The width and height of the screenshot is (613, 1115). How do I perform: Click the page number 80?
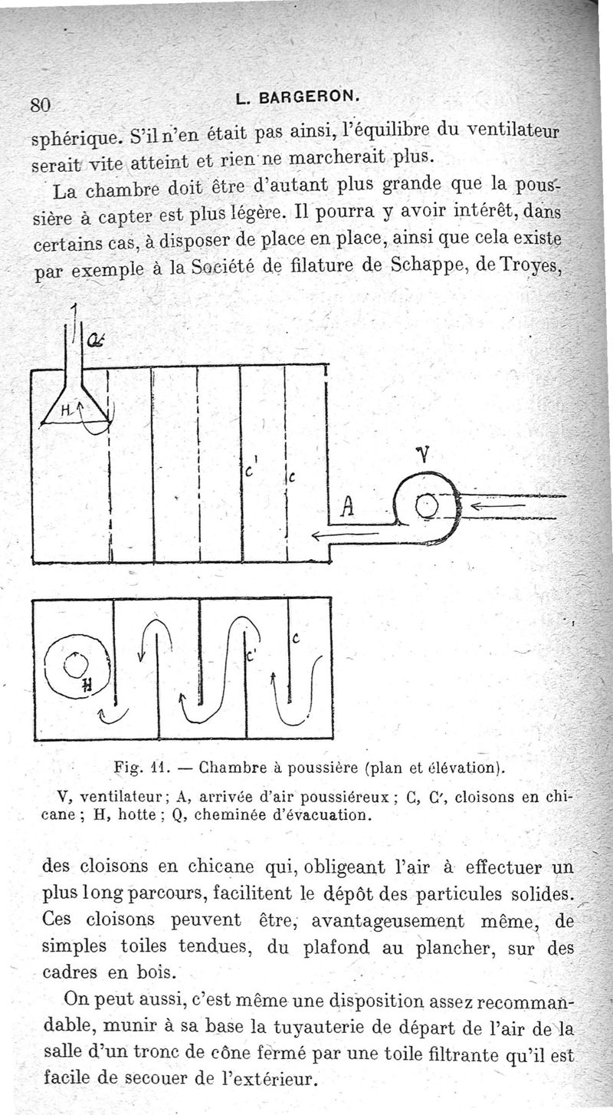39,104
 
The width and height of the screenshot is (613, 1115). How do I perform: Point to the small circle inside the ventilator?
426,506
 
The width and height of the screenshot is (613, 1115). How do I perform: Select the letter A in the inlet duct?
347,506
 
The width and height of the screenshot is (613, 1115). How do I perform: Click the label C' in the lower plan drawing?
248,656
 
